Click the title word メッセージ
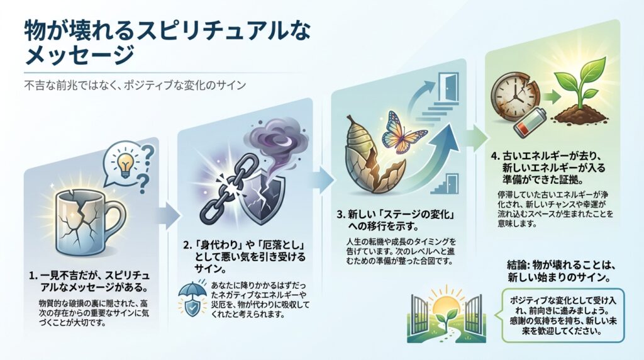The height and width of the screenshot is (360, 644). pyautogui.click(x=79, y=53)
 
